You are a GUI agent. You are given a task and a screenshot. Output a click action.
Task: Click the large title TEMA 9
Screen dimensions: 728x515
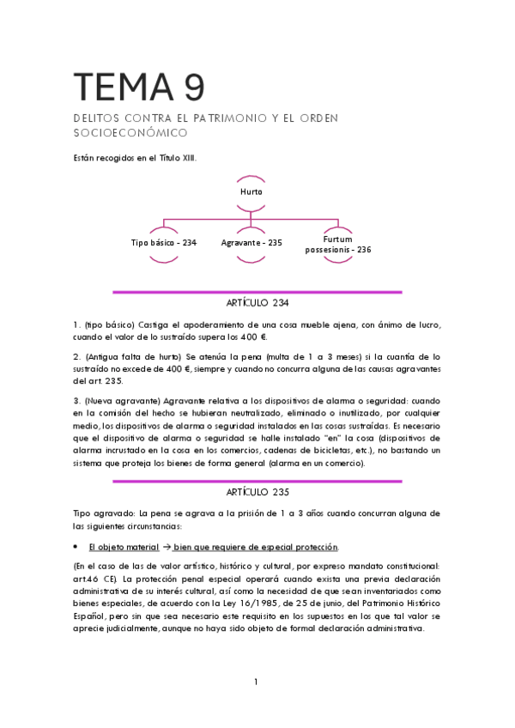click(139, 88)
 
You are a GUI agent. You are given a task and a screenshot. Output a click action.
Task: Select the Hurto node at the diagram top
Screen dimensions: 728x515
click(251, 192)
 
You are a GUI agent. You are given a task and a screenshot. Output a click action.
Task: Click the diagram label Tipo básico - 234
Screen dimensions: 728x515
click(163, 243)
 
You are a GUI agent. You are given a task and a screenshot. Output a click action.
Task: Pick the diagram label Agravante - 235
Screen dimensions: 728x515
click(251, 243)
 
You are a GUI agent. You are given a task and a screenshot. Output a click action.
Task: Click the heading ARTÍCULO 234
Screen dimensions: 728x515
click(257, 302)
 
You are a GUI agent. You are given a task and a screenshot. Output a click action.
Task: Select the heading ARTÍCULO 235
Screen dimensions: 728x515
click(257, 492)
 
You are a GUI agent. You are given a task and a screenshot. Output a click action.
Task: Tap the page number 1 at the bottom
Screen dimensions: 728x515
click(256, 682)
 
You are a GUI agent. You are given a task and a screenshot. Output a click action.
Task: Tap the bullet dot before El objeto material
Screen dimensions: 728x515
click(78, 547)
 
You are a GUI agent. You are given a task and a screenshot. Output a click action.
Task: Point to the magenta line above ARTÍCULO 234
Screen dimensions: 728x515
click(257, 292)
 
